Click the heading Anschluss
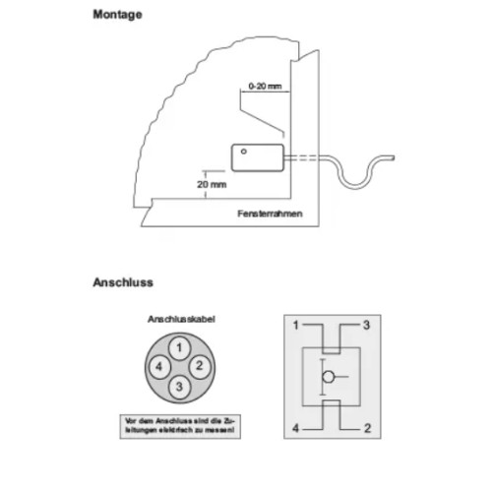[122, 282]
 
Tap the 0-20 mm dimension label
[265, 87]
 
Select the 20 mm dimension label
[212, 184]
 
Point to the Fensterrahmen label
[269, 215]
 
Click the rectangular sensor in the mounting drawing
[258, 156]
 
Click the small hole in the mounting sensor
[244, 152]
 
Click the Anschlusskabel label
[180, 320]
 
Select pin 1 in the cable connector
[178, 347]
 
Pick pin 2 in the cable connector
[199, 366]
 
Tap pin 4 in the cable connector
[157, 367]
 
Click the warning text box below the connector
[180, 425]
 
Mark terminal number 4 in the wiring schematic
[295, 428]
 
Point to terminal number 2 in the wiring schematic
[366, 428]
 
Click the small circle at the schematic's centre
[331, 376]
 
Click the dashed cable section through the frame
[303, 156]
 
